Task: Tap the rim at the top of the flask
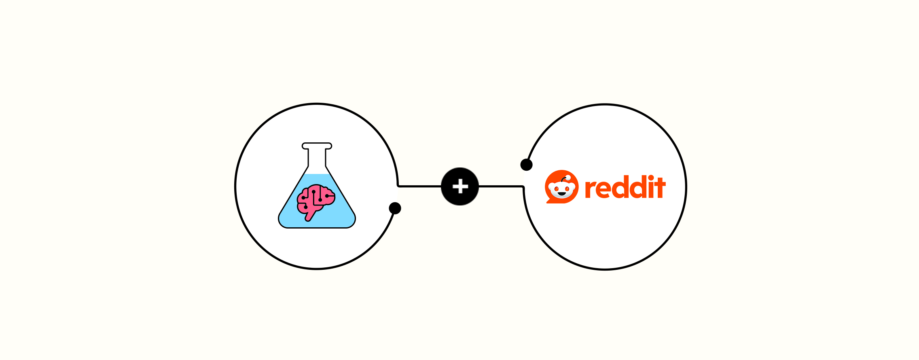pyautogui.click(x=317, y=146)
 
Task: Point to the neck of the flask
pyautogui.click(x=317, y=158)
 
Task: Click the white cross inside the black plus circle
pyautogui.click(x=460, y=186)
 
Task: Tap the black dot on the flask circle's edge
pyautogui.click(x=395, y=208)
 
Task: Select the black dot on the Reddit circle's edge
pyautogui.click(x=526, y=165)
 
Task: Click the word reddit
pyautogui.click(x=625, y=187)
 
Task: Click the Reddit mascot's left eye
pyautogui.click(x=556, y=188)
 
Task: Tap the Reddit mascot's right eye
pyautogui.click(x=567, y=188)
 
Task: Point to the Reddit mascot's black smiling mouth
pyautogui.click(x=561, y=194)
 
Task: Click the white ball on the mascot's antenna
pyautogui.click(x=568, y=178)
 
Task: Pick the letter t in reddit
pyautogui.click(x=661, y=188)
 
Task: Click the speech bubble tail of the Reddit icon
pyautogui.click(x=549, y=200)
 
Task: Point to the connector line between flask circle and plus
pyautogui.click(x=419, y=186)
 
